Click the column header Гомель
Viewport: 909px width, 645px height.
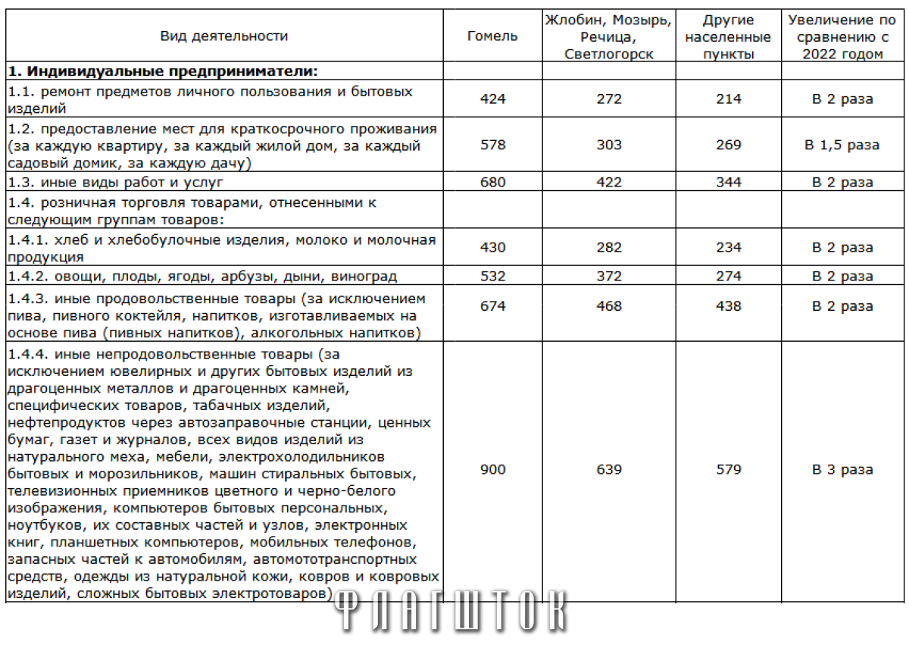point(492,36)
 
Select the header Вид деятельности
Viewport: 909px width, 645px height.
point(224,36)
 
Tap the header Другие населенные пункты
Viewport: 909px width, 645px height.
point(728,36)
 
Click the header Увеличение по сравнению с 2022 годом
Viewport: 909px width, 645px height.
point(842,36)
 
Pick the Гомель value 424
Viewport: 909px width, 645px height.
point(492,99)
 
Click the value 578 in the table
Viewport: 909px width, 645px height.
point(492,145)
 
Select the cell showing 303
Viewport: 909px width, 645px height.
point(608,145)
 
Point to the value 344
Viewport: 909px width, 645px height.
point(728,183)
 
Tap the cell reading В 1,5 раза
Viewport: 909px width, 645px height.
point(842,145)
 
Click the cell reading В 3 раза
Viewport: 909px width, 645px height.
point(842,470)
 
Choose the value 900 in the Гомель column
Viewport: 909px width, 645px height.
point(492,470)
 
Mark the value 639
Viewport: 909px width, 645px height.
point(608,470)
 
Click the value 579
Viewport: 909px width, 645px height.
point(728,470)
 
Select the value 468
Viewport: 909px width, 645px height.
point(608,306)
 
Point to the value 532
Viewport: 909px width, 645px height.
point(492,277)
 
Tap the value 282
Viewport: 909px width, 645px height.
point(608,248)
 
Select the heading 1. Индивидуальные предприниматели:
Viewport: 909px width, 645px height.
point(162,71)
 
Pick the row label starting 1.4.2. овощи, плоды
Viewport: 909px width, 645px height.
point(202,277)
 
